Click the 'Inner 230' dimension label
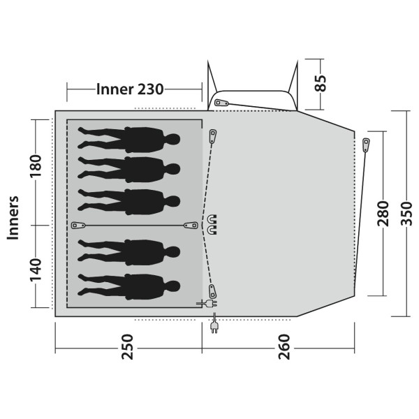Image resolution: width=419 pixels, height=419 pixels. click(130, 89)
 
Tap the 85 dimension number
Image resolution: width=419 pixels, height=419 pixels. click(321, 83)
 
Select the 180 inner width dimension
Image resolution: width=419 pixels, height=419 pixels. click(36, 166)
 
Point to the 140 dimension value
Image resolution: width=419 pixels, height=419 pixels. click(36, 270)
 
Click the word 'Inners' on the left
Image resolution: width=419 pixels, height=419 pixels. click(13, 218)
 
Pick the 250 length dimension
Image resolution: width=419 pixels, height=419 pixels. click(127, 347)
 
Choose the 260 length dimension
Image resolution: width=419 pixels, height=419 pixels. click(284, 347)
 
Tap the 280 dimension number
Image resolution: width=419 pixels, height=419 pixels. click(383, 213)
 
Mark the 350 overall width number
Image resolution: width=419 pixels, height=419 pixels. click(406, 213)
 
